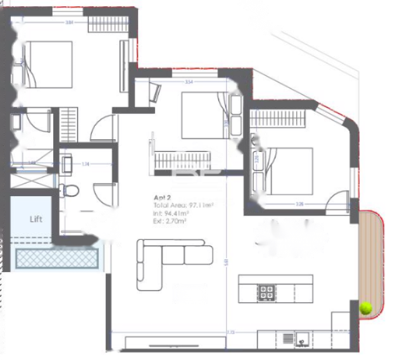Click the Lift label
pos(36,220)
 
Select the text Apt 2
pos(163,197)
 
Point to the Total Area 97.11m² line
pos(183,206)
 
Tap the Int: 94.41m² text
pos(171,214)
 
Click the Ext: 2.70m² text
pos(170,221)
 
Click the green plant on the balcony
pos(365,308)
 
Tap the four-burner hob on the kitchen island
pos(266,292)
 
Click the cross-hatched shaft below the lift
pos(57,259)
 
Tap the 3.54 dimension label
pos(189,82)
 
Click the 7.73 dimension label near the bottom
pos(230,331)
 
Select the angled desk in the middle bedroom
pos(154,94)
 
